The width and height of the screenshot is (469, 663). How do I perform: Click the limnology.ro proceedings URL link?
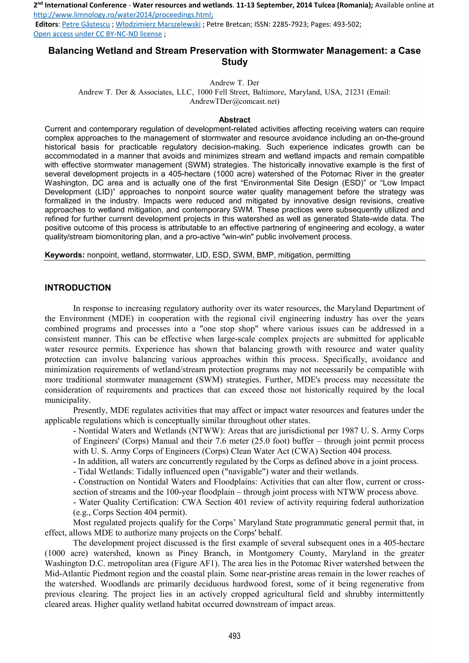click(123, 15)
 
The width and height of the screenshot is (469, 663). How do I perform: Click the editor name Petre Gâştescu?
click(86, 24)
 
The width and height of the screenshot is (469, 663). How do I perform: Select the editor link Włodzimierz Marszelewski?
click(158, 24)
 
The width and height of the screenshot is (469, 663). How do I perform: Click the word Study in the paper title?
click(234, 62)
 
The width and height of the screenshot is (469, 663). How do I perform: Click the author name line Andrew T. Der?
click(234, 83)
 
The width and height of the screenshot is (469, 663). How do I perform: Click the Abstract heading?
click(234, 120)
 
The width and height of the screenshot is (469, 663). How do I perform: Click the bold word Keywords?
click(64, 255)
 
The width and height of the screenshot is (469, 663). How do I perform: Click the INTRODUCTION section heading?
click(78, 288)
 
